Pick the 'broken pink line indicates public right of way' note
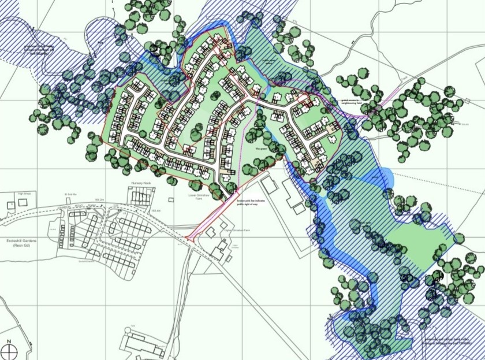[x=248, y=203]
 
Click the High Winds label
[x=24, y=194]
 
